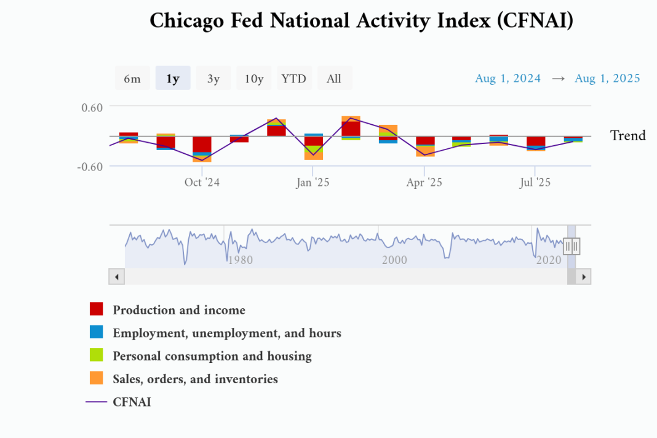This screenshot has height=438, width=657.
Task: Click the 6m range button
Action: pos(132,79)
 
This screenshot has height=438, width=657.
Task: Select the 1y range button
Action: pos(173,79)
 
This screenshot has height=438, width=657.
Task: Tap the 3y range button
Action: pos(213,79)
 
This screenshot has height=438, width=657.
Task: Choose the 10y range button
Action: pos(254,79)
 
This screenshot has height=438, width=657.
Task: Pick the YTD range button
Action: pos(294,79)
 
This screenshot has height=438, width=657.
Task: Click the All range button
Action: pos(334,79)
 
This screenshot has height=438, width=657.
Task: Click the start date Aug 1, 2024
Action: pos(508,78)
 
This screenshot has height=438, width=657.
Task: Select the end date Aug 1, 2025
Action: pos(607,78)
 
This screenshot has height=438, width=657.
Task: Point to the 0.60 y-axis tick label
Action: pos(92,107)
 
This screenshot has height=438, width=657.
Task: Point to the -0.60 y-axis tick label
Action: pos(90,167)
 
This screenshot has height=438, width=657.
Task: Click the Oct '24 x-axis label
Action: pos(202,183)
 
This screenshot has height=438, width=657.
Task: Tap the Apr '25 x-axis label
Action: pos(424,183)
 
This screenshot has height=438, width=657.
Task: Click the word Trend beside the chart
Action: pos(627,136)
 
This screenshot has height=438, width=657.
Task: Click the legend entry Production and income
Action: pos(179,310)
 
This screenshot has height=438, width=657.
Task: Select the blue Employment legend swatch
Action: pos(97,332)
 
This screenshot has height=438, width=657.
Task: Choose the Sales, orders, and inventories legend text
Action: pos(195,379)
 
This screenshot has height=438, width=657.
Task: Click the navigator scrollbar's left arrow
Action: pos(116,277)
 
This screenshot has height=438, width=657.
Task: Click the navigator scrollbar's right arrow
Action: pos(584,277)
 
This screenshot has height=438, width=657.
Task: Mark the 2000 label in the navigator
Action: pos(394,260)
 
